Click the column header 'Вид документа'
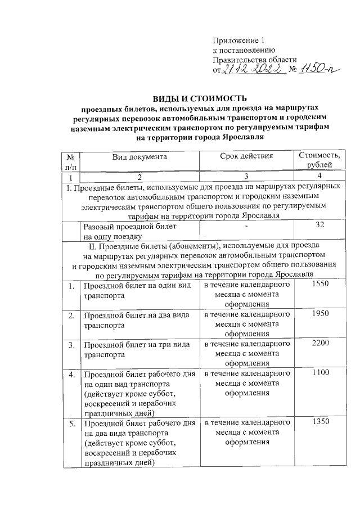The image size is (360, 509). pos(139,157)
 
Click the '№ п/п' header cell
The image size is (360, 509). pos(71,161)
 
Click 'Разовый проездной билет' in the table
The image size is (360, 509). pos(130,226)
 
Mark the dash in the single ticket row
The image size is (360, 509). pos(246,226)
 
